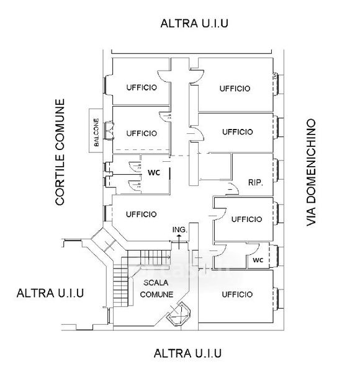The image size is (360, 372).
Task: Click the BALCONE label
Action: pyautogui.click(x=96, y=132)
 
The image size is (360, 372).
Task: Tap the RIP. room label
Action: pyautogui.click(x=256, y=182)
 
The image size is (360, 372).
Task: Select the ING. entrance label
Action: pyautogui.click(x=180, y=229)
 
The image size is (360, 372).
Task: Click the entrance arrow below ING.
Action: pyautogui.click(x=179, y=242)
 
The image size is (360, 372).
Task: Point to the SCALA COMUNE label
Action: pyautogui.click(x=156, y=288)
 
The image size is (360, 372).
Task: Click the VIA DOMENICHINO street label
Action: pyautogui.click(x=311, y=172)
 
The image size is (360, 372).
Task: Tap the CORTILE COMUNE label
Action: pyautogui.click(x=60, y=152)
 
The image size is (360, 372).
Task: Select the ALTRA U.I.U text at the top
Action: pyautogui.click(x=194, y=24)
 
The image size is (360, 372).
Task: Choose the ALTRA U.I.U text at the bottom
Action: pyautogui.click(x=187, y=353)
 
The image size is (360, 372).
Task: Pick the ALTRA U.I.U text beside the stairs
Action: pyautogui.click(x=50, y=293)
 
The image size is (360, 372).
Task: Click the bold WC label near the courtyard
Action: pyautogui.click(x=154, y=172)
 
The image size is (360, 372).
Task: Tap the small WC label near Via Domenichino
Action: pyautogui.click(x=258, y=260)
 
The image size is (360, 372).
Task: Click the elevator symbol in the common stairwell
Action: pyautogui.click(x=179, y=313)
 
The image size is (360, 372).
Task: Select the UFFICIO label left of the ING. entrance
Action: pyautogui.click(x=142, y=215)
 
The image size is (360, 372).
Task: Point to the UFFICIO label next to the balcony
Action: pyautogui.click(x=142, y=133)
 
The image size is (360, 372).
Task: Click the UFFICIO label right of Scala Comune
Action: pyautogui.click(x=237, y=294)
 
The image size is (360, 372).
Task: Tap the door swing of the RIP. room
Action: pyautogui.click(x=232, y=188)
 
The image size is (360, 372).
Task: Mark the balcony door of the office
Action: pyautogui.click(x=109, y=130)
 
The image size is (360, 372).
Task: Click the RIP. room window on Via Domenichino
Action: pyautogui.click(x=277, y=170)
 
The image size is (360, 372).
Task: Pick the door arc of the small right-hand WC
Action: pyautogui.click(x=253, y=249)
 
